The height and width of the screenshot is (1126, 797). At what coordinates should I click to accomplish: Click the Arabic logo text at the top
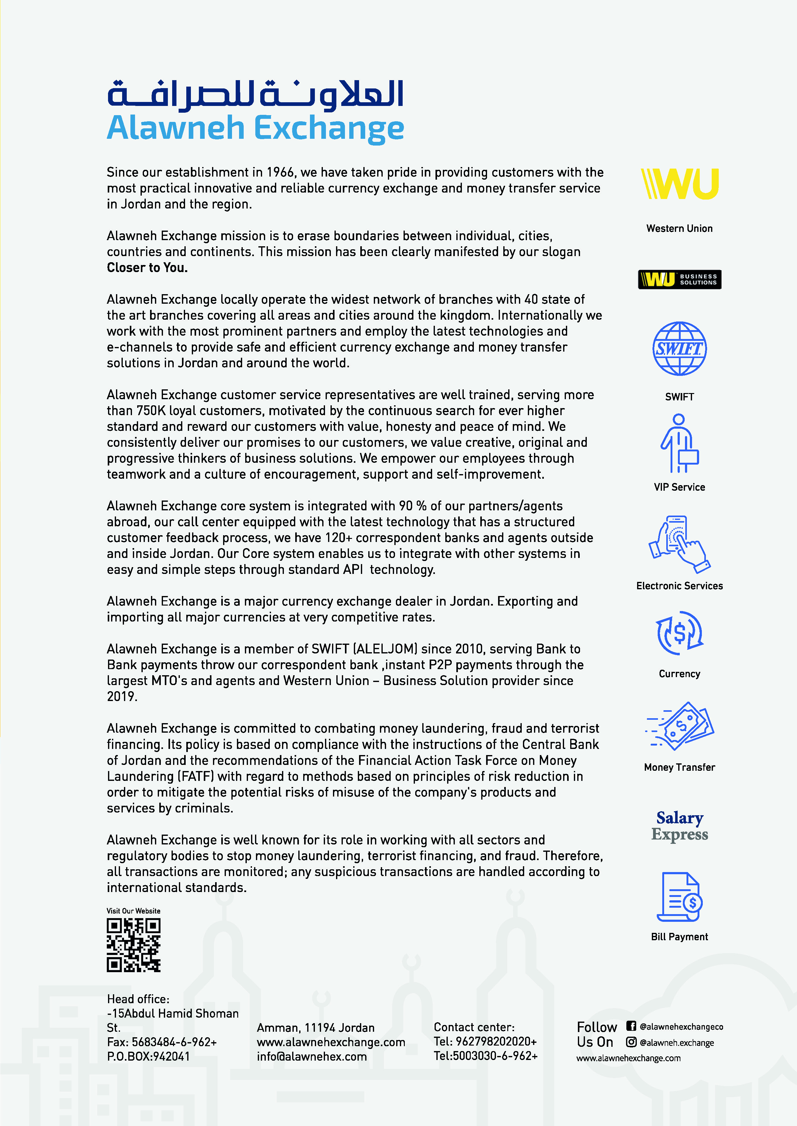click(x=255, y=94)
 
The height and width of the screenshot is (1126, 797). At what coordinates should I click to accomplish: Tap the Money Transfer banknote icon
click(x=680, y=726)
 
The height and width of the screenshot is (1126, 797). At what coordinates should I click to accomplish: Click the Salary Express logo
click(x=680, y=826)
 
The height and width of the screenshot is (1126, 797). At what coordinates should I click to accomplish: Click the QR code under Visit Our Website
click(x=133, y=945)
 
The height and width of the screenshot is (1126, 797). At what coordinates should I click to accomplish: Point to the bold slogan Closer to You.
click(x=147, y=268)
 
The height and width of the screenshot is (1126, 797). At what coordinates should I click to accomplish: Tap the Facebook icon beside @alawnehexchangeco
click(x=631, y=1026)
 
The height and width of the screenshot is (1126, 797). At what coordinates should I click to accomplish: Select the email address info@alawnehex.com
click(x=311, y=1056)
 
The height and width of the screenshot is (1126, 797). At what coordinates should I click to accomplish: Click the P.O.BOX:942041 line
click(x=148, y=1056)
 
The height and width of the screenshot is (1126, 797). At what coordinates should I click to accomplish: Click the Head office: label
click(x=138, y=999)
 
